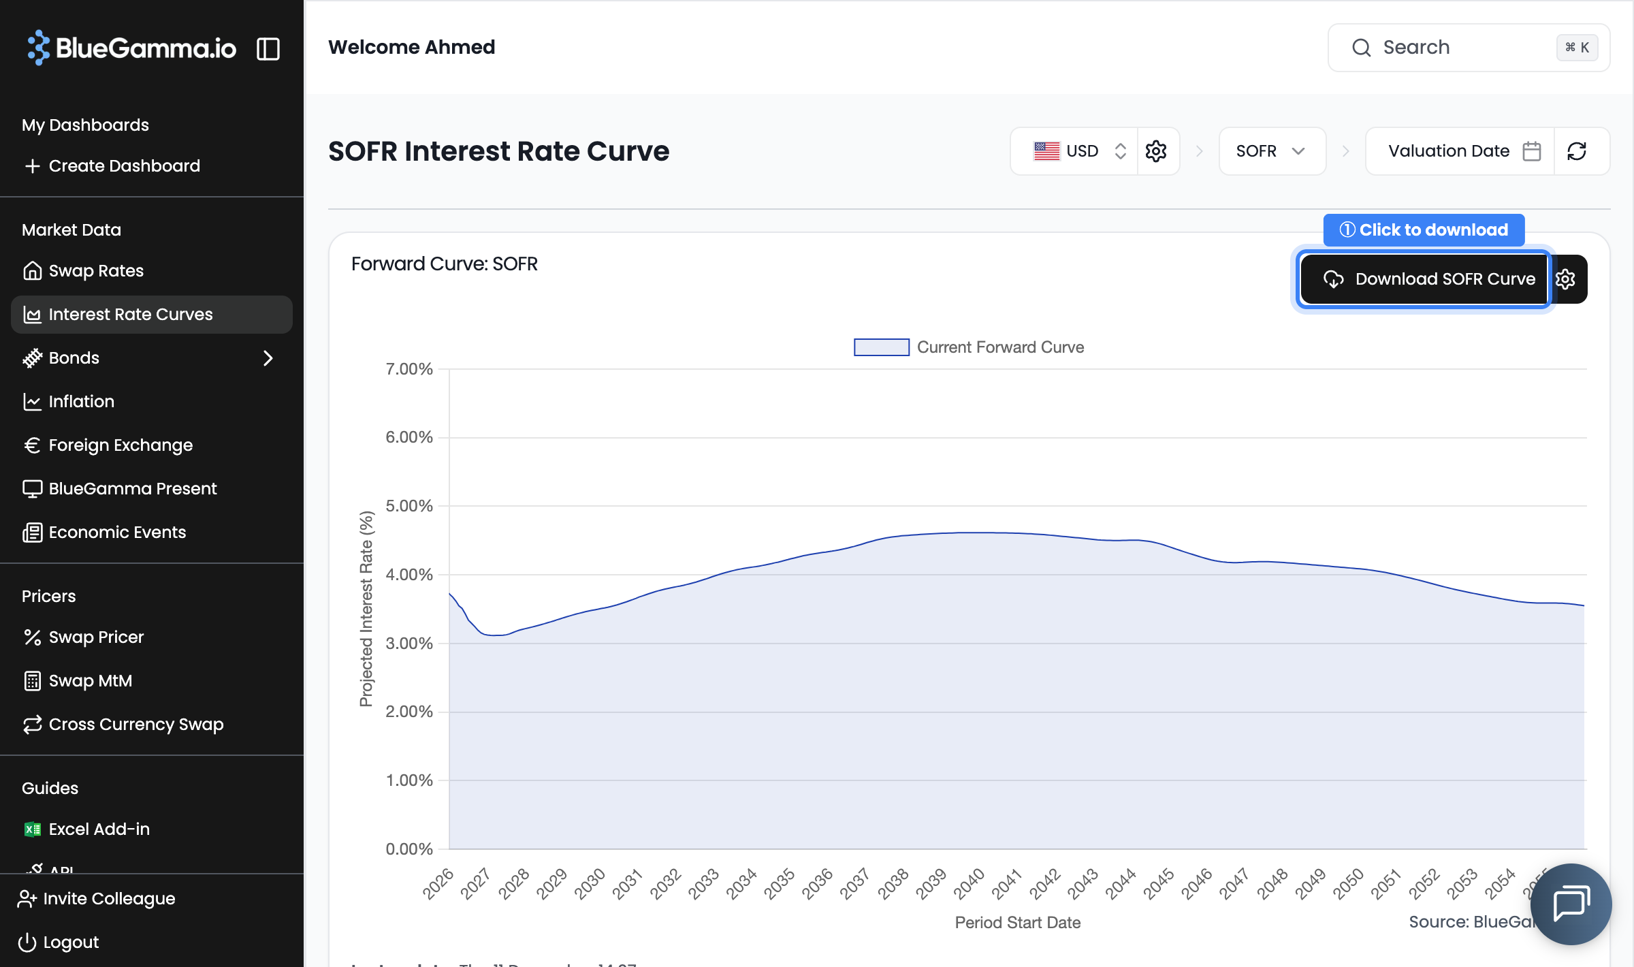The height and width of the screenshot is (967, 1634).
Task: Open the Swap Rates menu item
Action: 95,271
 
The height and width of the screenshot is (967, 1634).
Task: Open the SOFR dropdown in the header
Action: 1270,151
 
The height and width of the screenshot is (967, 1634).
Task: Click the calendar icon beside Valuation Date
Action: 1532,151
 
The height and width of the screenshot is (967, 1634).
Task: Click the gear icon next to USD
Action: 1156,151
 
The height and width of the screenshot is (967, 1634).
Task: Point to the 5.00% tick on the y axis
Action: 408,506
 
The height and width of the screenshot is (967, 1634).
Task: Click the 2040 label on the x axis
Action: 969,884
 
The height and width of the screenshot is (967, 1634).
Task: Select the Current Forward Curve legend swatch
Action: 881,347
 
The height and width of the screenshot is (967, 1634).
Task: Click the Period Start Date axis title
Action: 1017,923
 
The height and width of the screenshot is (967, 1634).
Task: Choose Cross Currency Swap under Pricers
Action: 136,725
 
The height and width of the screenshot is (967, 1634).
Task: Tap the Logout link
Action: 71,942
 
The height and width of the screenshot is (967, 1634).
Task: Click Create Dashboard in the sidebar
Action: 124,166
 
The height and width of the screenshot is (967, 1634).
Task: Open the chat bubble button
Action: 1570,904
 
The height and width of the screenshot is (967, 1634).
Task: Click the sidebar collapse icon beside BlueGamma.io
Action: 268,49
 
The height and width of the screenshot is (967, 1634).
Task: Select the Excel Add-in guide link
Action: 99,829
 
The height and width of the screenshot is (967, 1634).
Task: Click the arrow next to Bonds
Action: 268,358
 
